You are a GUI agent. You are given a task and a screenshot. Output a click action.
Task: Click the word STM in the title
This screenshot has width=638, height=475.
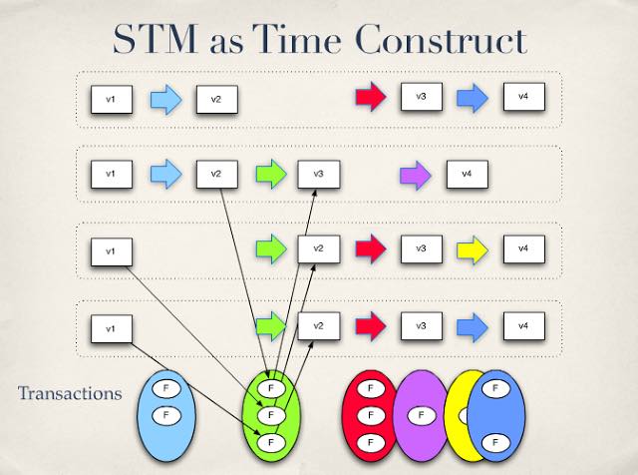pyautogui.click(x=156, y=40)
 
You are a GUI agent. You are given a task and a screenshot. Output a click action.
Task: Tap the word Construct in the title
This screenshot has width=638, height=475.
pyautogui.click(x=441, y=39)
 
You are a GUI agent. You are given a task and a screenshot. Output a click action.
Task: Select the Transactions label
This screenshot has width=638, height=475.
pyautogui.click(x=70, y=393)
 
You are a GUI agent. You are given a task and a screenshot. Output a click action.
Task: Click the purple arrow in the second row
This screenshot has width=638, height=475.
pyautogui.click(x=415, y=176)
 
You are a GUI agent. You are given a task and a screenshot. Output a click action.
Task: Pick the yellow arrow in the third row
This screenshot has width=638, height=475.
pyautogui.click(x=473, y=249)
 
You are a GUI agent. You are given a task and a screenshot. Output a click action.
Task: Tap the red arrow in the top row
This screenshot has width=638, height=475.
pyautogui.click(x=371, y=96)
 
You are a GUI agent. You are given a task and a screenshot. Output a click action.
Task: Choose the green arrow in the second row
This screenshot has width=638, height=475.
pyautogui.click(x=271, y=174)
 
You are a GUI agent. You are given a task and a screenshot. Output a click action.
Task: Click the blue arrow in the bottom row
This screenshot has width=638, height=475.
pyautogui.click(x=472, y=326)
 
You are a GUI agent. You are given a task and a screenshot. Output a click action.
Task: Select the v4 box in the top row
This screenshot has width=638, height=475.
pyautogui.click(x=524, y=97)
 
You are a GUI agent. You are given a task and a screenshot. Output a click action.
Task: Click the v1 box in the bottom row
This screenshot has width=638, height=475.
pyautogui.click(x=112, y=328)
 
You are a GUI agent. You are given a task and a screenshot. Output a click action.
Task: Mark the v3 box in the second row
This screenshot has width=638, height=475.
pyautogui.click(x=319, y=175)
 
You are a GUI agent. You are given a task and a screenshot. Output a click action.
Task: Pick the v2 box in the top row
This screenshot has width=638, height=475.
pyautogui.click(x=217, y=100)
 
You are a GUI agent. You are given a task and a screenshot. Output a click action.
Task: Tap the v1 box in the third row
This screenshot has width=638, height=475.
pyautogui.click(x=112, y=251)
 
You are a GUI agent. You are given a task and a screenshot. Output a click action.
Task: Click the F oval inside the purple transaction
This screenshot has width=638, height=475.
pyautogui.click(x=421, y=415)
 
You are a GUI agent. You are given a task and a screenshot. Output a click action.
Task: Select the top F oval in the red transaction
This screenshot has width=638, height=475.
pyautogui.click(x=371, y=388)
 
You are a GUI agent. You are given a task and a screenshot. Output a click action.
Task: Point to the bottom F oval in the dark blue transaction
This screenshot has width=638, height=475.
pyautogui.click(x=495, y=443)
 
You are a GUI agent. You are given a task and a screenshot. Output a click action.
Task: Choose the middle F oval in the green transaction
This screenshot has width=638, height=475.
pyautogui.click(x=271, y=415)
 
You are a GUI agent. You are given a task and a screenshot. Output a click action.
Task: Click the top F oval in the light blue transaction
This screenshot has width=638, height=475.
pyautogui.click(x=166, y=388)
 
